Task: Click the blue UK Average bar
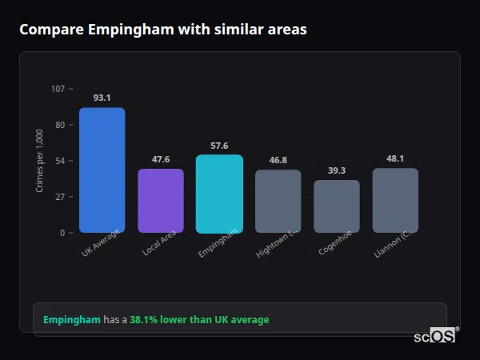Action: (x=102, y=170)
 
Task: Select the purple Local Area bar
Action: (x=161, y=201)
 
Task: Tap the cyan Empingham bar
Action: (x=219, y=194)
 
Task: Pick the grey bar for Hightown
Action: (x=278, y=202)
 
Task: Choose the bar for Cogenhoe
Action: (x=337, y=206)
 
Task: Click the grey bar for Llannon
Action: (x=395, y=201)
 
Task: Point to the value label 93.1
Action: (x=102, y=98)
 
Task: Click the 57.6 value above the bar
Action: (x=219, y=146)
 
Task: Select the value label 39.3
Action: (x=337, y=171)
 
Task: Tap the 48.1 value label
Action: (x=395, y=159)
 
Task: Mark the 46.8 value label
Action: (x=278, y=161)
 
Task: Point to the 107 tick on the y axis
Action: (x=58, y=89)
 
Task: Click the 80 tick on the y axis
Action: (x=60, y=125)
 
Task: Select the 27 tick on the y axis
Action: (x=60, y=197)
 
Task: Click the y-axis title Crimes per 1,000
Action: (x=40, y=161)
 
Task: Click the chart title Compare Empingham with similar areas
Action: (x=162, y=30)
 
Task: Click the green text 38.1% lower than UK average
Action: (x=199, y=320)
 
